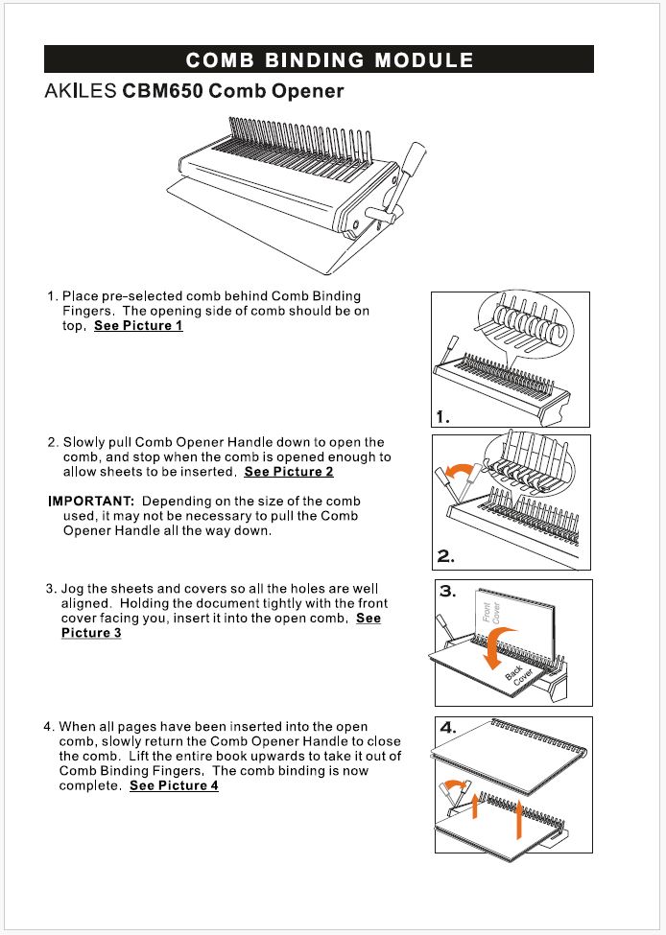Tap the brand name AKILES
pyautogui.click(x=81, y=93)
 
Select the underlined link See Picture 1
pyautogui.click(x=138, y=326)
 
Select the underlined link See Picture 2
pyautogui.click(x=289, y=472)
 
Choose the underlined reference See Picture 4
pyautogui.click(x=174, y=786)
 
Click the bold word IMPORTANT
pyautogui.click(x=91, y=502)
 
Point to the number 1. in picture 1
pyautogui.click(x=442, y=417)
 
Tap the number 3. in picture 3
pyautogui.click(x=448, y=592)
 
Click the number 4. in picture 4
pyautogui.click(x=449, y=728)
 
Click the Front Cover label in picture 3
pyautogui.click(x=488, y=611)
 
